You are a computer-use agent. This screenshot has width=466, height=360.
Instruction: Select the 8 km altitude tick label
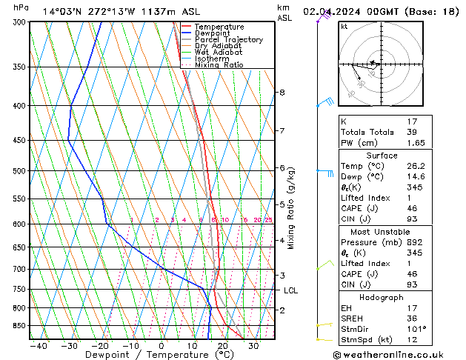click(282, 93)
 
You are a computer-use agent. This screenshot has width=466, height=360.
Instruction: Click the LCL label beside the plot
click(290, 290)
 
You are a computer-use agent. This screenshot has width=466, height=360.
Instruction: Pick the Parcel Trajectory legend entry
click(228, 40)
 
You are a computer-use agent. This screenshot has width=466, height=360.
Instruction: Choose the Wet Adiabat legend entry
click(219, 53)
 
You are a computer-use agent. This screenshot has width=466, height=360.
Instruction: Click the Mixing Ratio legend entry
click(219, 65)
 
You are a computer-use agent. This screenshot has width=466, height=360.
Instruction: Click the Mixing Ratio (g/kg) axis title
click(291, 208)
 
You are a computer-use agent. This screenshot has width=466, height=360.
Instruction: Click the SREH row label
click(353, 318)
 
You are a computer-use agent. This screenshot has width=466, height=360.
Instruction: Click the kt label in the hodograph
click(344, 26)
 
